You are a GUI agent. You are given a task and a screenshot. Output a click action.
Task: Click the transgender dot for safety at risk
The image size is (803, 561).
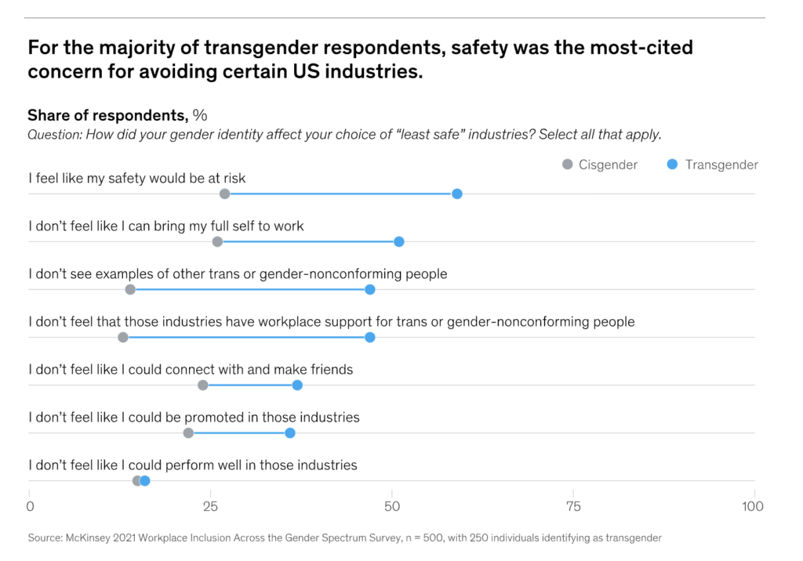coord(457,194)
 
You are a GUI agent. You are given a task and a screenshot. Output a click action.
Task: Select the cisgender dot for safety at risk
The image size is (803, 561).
coord(225,194)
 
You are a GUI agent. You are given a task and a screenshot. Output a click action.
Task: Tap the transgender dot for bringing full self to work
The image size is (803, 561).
coord(399,241)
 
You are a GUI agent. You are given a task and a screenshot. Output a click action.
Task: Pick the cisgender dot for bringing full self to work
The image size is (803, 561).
coord(217,241)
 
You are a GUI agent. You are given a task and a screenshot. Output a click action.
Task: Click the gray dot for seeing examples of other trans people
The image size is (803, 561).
coord(130,290)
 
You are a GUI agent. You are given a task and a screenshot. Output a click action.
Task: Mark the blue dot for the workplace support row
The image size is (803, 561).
coord(370,338)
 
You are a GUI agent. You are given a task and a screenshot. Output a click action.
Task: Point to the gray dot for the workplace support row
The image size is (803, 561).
coord(123,338)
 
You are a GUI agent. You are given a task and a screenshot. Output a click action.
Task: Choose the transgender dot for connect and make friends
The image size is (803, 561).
coord(297,385)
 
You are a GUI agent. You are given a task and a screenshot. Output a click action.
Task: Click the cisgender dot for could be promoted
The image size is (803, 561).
coord(188,433)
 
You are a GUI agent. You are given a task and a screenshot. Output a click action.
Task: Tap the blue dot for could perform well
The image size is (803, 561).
coord(145,480)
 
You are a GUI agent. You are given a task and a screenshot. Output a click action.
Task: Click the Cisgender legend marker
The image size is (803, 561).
coord(568,165)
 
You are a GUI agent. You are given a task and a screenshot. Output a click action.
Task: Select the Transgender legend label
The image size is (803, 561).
coord(721,165)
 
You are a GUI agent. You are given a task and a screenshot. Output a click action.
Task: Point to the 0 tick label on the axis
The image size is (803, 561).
coord(30,506)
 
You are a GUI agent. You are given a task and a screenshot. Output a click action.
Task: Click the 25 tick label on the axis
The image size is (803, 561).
coord(210,506)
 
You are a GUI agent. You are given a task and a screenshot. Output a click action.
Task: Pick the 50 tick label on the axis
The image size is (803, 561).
coord(392,506)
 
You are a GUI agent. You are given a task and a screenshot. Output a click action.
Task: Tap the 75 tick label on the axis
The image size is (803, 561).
coord(573,506)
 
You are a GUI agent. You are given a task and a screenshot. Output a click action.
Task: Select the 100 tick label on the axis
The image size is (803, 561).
coord(753,506)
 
